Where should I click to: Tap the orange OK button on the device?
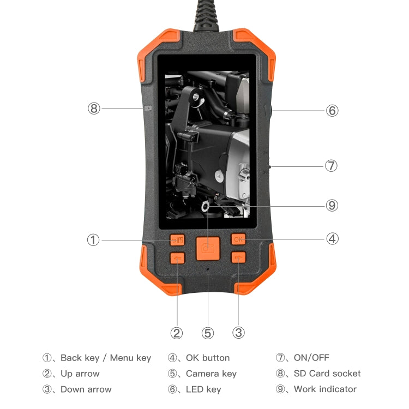238,239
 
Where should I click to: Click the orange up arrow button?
177,258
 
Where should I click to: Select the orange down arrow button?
238,258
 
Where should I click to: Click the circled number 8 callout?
94,108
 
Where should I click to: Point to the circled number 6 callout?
332,111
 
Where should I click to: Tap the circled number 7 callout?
331,166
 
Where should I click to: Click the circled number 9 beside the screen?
332,206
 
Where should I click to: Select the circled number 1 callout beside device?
94,239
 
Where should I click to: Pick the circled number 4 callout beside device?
332,239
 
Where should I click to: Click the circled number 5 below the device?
207,333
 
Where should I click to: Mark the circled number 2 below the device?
177,333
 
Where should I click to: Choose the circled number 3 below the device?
238,333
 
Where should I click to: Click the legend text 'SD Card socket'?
327,374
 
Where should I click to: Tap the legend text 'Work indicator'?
325,389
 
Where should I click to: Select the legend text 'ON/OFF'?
311,358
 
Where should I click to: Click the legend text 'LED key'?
203,389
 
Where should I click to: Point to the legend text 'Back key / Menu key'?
106,358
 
